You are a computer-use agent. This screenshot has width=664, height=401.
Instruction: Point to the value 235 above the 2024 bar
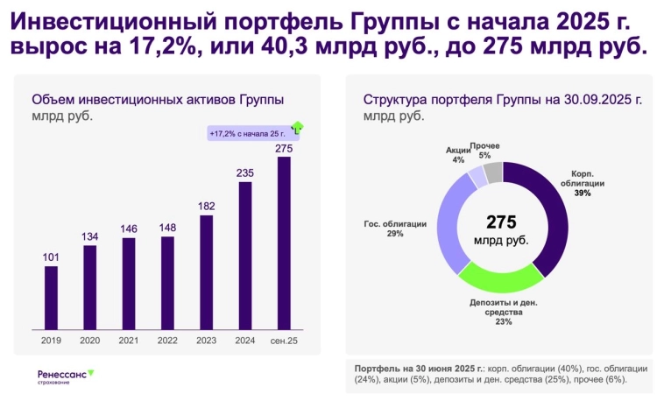tap(245, 173)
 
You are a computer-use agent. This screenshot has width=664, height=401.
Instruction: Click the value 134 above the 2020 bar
tap(90, 237)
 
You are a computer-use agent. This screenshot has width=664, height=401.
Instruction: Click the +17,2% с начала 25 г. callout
tap(247, 133)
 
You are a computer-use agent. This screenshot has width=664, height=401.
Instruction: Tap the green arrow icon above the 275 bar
tap(297, 128)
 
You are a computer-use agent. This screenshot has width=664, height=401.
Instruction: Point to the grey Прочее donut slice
tap(493, 172)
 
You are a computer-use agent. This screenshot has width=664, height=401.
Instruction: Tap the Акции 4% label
tap(457, 155)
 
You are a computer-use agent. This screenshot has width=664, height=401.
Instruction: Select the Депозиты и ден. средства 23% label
tap(503, 312)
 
